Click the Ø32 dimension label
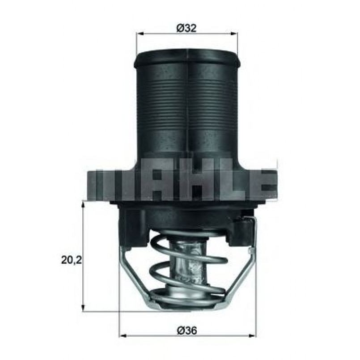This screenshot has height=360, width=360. [x=186, y=28]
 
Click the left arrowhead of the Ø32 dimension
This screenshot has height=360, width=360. [x=139, y=34]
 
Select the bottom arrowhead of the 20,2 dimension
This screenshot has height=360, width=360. [x=83, y=309]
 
